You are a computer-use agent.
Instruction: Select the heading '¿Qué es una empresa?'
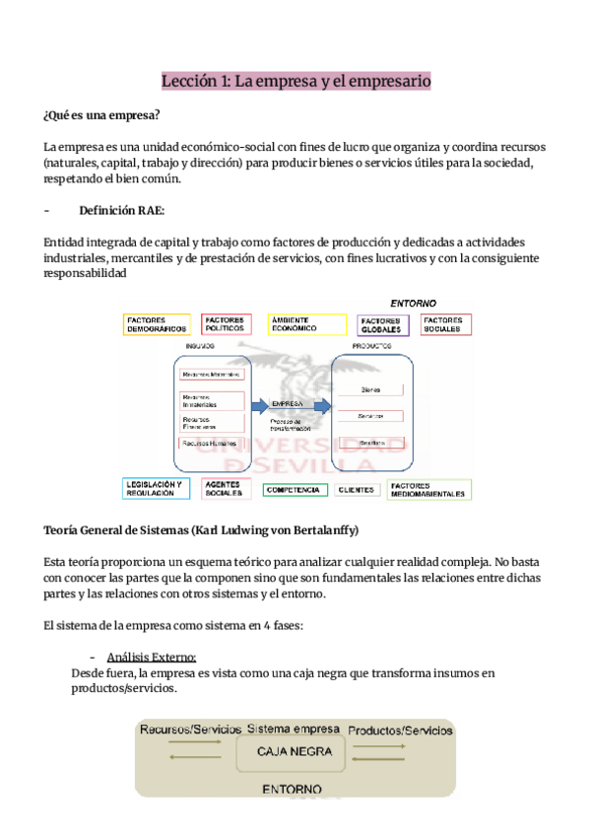[102, 117]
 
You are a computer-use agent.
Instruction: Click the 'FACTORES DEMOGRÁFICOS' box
[158, 324]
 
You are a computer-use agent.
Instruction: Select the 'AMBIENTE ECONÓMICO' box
[306, 324]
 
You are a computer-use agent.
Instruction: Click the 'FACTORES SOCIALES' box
[446, 324]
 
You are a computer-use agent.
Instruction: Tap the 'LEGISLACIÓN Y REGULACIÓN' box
[158, 489]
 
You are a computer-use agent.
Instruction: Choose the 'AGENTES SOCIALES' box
[228, 489]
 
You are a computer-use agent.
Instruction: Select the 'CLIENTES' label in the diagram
[357, 489]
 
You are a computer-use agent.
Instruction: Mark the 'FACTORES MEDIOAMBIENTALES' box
[427, 489]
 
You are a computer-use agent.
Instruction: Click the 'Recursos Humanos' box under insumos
[211, 445]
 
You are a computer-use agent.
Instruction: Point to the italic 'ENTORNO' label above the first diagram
[414, 303]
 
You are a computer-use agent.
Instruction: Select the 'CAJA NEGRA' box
[295, 752]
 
